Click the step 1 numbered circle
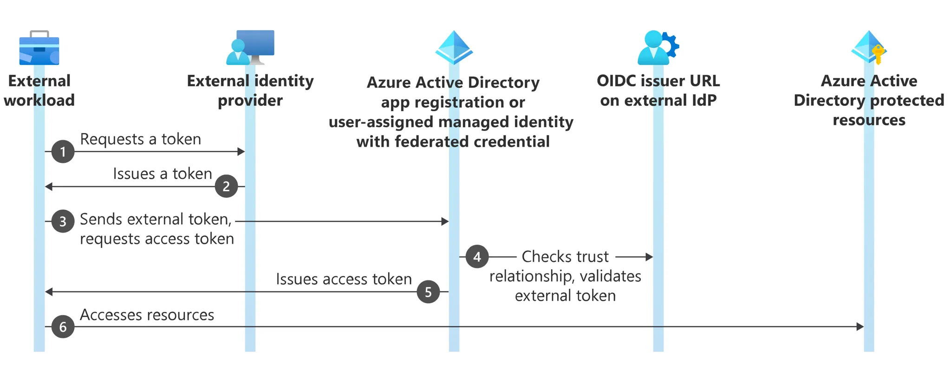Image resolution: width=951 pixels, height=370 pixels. [63, 152]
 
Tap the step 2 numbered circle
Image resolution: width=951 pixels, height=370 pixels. [226, 186]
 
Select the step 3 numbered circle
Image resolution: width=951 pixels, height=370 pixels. [63, 221]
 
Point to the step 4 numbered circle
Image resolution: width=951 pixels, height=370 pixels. [477, 257]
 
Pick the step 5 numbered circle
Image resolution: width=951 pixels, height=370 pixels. [428, 292]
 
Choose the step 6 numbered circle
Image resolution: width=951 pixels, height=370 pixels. [63, 327]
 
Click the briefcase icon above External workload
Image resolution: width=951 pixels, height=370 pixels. [39, 48]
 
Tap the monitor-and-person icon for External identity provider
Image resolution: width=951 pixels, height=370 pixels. [250, 47]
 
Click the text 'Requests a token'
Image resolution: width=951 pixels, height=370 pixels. [140, 139]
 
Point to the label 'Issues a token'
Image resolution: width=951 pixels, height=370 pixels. [162, 174]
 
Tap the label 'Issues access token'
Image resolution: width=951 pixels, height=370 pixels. [344, 279]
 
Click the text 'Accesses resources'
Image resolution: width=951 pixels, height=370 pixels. [147, 315]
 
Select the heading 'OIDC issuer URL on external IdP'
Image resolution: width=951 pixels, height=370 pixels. [658, 91]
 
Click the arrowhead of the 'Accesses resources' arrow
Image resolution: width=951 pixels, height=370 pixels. [860, 327]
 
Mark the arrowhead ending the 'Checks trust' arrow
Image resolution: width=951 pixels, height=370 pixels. [649, 257]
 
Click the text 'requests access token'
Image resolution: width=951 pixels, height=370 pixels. [157, 239]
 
